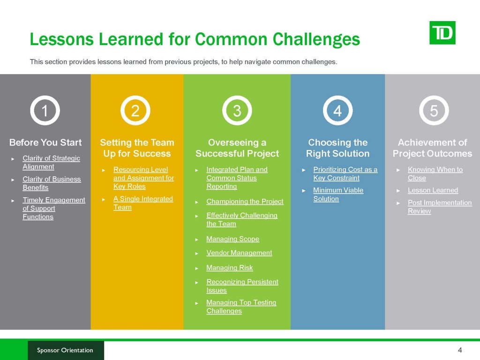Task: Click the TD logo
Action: click(x=442, y=33)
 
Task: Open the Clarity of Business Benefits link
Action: click(x=52, y=183)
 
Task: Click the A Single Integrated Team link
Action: click(x=143, y=203)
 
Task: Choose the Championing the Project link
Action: click(x=245, y=202)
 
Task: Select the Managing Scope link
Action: click(x=232, y=239)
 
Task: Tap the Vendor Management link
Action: click(x=239, y=253)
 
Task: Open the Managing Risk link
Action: click(x=230, y=268)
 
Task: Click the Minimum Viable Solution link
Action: click(x=338, y=195)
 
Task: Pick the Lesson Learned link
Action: click(x=433, y=190)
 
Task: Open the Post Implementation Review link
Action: click(x=440, y=207)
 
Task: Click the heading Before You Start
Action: click(x=45, y=142)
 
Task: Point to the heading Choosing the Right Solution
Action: click(x=337, y=148)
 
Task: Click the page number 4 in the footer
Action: click(x=459, y=350)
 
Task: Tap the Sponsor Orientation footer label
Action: click(x=65, y=350)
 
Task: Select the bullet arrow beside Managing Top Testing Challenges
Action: click(x=197, y=303)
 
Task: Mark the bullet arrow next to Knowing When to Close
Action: click(x=398, y=170)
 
